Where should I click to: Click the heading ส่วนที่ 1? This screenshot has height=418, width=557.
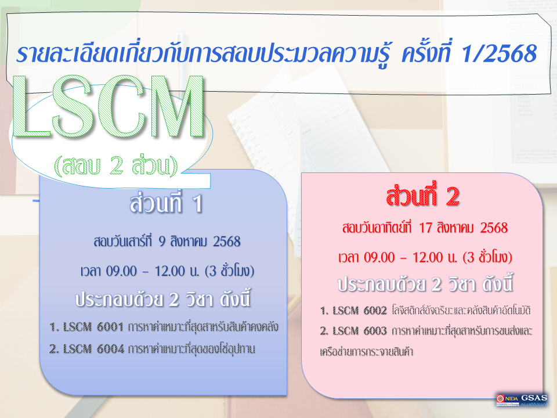tap(165, 206)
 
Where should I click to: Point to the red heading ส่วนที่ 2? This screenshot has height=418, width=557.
tap(423, 197)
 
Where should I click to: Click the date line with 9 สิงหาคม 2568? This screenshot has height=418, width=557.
tap(167, 241)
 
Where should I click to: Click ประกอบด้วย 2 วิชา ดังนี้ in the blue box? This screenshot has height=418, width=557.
tap(167, 300)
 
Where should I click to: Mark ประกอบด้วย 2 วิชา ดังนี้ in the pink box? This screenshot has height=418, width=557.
tap(426, 286)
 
